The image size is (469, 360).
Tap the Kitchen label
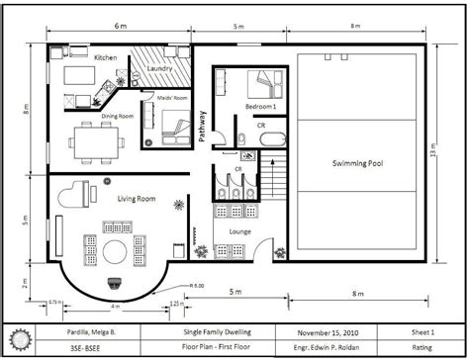point(106,57)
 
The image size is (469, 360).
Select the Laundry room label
point(160,67)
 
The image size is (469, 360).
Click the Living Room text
point(137,199)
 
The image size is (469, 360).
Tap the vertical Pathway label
point(202,126)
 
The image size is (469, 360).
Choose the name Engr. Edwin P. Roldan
point(327,348)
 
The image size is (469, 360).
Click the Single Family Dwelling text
point(216,332)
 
